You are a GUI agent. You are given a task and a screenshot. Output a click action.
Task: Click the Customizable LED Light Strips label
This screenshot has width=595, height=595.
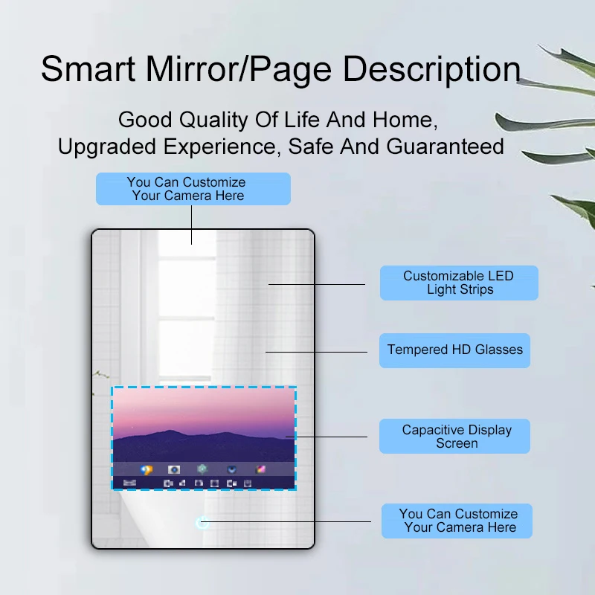tap(459, 283)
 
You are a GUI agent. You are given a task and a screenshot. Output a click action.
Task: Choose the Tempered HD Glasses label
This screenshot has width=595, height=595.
tap(454, 350)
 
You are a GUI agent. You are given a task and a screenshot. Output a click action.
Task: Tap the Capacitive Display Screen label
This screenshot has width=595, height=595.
tap(456, 437)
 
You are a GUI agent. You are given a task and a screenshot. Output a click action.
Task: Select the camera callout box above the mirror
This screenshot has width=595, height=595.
tap(193, 189)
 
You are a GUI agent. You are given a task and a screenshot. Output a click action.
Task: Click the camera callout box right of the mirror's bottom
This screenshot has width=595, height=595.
tap(457, 521)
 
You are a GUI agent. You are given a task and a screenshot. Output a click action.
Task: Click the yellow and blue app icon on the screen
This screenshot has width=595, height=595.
tap(147, 469)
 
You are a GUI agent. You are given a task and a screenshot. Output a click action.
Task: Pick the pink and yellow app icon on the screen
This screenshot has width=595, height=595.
tap(260, 469)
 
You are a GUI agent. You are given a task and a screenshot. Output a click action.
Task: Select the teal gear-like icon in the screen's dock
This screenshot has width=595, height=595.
tap(202, 469)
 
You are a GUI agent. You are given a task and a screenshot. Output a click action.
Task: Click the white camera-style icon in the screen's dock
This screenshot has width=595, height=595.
tap(174, 469)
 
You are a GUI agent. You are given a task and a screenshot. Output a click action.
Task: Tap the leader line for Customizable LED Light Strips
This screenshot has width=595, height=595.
tap(317, 283)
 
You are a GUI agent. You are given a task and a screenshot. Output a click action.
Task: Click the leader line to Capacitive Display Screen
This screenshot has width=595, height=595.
tap(331, 437)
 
